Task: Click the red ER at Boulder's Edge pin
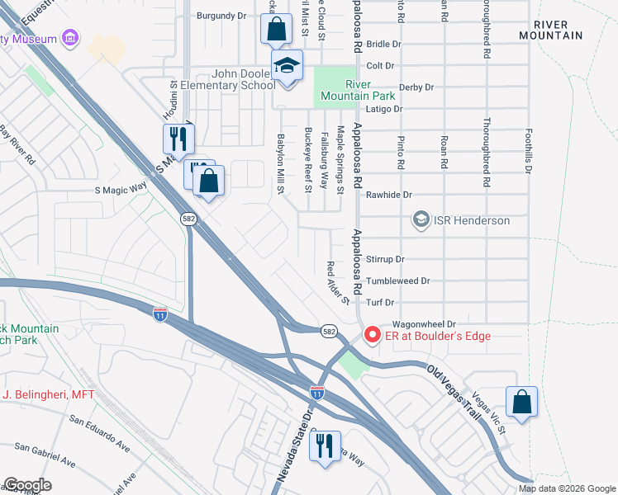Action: (372, 335)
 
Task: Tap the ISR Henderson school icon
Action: (421, 220)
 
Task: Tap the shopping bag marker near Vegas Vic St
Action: (521, 402)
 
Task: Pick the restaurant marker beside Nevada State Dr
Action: (325, 446)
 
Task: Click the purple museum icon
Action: (70, 39)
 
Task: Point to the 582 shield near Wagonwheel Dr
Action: (329, 330)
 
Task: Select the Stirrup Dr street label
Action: (385, 259)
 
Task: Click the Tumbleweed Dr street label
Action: (398, 280)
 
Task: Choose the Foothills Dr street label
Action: (528, 150)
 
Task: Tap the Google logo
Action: (27, 484)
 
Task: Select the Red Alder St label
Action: (339, 281)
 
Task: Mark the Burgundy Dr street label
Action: (222, 16)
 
